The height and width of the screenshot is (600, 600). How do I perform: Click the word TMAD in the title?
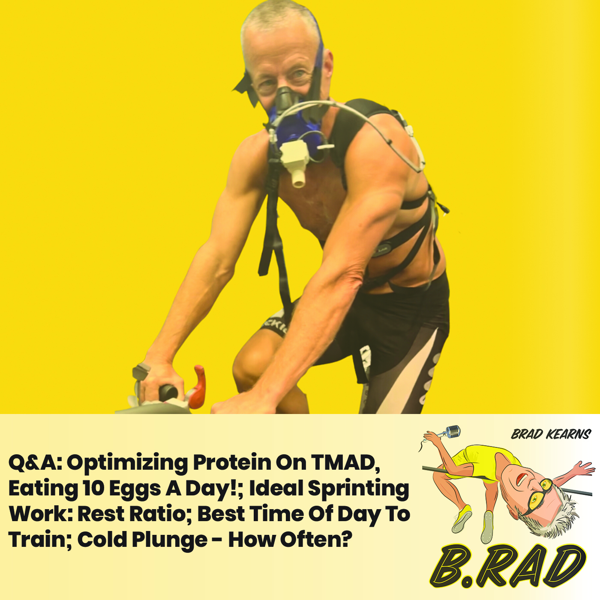pyautogui.click(x=345, y=462)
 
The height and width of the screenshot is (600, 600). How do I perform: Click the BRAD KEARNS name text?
pyautogui.click(x=551, y=435)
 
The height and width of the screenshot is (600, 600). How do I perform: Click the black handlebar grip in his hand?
pyautogui.click(x=168, y=392)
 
